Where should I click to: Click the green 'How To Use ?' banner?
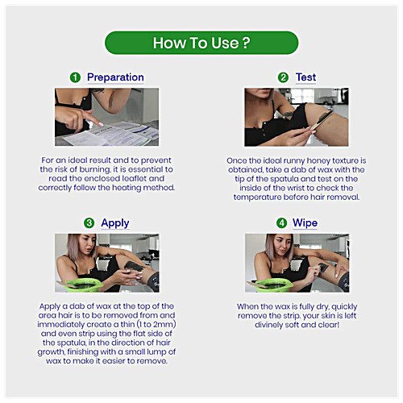201,42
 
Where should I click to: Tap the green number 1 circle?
75,77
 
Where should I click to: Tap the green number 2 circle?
283,77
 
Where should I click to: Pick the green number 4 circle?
281,222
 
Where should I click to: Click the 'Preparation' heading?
115,77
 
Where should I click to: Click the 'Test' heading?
306,77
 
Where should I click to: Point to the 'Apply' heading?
115,222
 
